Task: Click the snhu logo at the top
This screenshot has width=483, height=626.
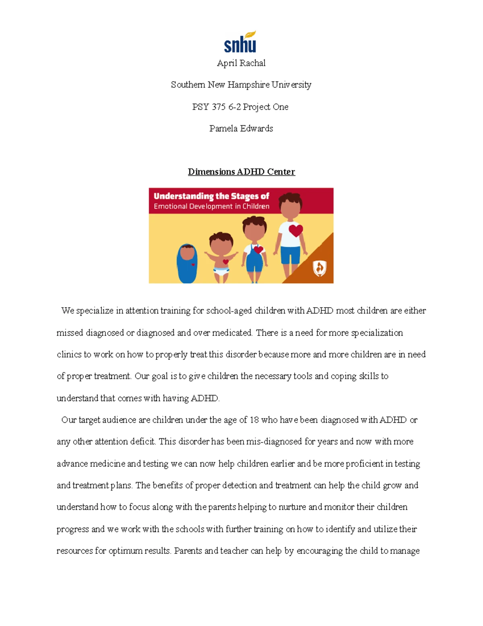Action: click(x=240, y=43)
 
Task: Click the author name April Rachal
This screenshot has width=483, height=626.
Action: click(x=241, y=63)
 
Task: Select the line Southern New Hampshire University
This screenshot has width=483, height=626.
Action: click(x=241, y=85)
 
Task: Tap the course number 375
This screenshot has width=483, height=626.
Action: click(x=219, y=107)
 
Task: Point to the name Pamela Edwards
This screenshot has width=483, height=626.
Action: click(x=241, y=129)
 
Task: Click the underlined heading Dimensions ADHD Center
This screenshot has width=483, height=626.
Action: click(x=241, y=172)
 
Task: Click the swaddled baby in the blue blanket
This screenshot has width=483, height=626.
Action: click(x=187, y=263)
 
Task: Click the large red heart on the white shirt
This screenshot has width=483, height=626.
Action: click(x=296, y=231)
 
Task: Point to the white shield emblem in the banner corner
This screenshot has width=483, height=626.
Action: click(x=320, y=268)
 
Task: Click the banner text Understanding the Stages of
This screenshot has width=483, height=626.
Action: click(x=211, y=196)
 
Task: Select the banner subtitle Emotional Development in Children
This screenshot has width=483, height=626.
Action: click(x=211, y=206)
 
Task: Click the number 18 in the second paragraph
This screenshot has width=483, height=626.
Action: click(x=254, y=420)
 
